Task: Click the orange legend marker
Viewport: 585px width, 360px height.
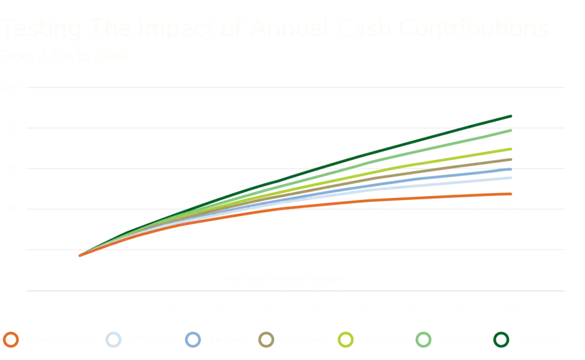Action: point(11,339)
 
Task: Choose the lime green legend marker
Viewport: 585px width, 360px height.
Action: point(346,339)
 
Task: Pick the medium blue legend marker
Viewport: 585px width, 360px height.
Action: point(193,339)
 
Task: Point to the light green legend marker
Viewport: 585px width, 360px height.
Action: point(422,339)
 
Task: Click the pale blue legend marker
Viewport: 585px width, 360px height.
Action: point(114,339)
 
